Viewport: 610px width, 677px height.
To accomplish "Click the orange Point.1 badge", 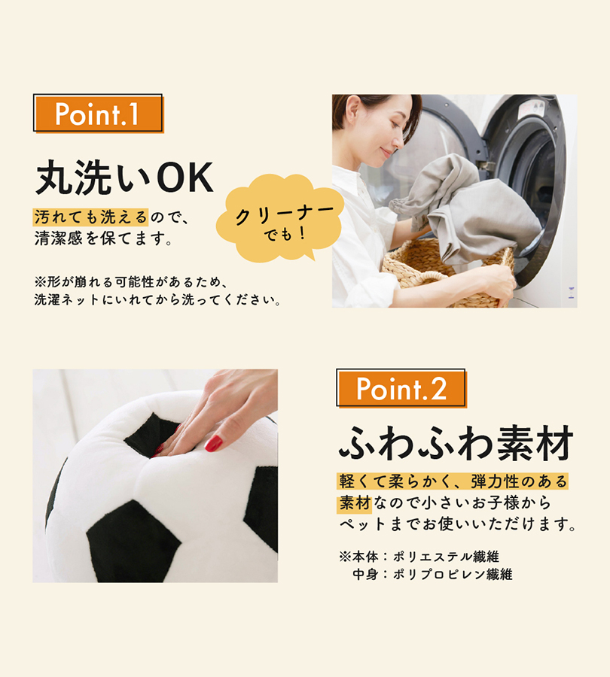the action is click(x=99, y=114).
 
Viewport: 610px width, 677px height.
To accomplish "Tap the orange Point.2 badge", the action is click(x=401, y=388).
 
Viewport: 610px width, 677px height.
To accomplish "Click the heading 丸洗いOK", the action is click(x=124, y=178).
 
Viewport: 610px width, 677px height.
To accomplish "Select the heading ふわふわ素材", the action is click(x=456, y=443).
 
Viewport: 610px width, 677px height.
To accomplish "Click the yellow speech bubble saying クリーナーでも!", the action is click(x=281, y=218).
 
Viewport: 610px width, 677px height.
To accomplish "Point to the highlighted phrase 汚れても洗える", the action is click(x=91, y=217).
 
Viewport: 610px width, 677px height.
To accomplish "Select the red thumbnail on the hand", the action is click(x=214, y=443).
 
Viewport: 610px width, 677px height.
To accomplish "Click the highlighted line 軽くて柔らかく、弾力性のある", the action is click(x=453, y=481).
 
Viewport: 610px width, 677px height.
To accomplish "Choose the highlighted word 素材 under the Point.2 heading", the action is click(x=355, y=503).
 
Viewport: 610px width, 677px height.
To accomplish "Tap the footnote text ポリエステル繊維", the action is click(x=446, y=557).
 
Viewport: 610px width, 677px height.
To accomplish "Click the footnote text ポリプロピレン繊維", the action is click(x=453, y=575).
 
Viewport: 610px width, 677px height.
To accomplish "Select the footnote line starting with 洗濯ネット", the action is click(x=157, y=299).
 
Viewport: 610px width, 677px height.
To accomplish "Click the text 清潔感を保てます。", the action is click(x=104, y=238).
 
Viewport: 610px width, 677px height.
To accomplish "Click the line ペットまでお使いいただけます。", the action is click(x=457, y=524).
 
